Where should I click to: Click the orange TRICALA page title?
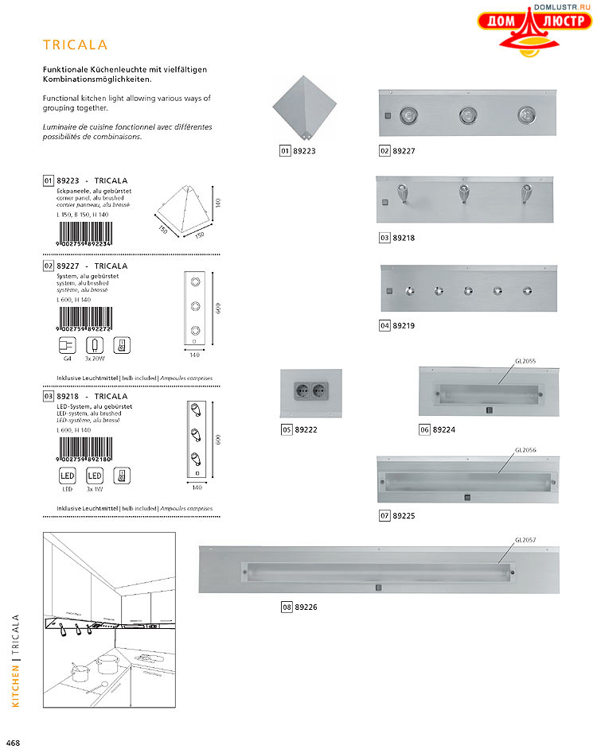click(x=75, y=45)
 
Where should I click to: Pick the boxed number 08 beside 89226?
click(x=287, y=607)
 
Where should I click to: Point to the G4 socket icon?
click(x=67, y=345)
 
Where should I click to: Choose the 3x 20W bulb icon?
click(x=94, y=345)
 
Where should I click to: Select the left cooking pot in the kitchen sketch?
click(x=80, y=672)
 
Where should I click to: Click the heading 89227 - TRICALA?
click(x=92, y=266)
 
